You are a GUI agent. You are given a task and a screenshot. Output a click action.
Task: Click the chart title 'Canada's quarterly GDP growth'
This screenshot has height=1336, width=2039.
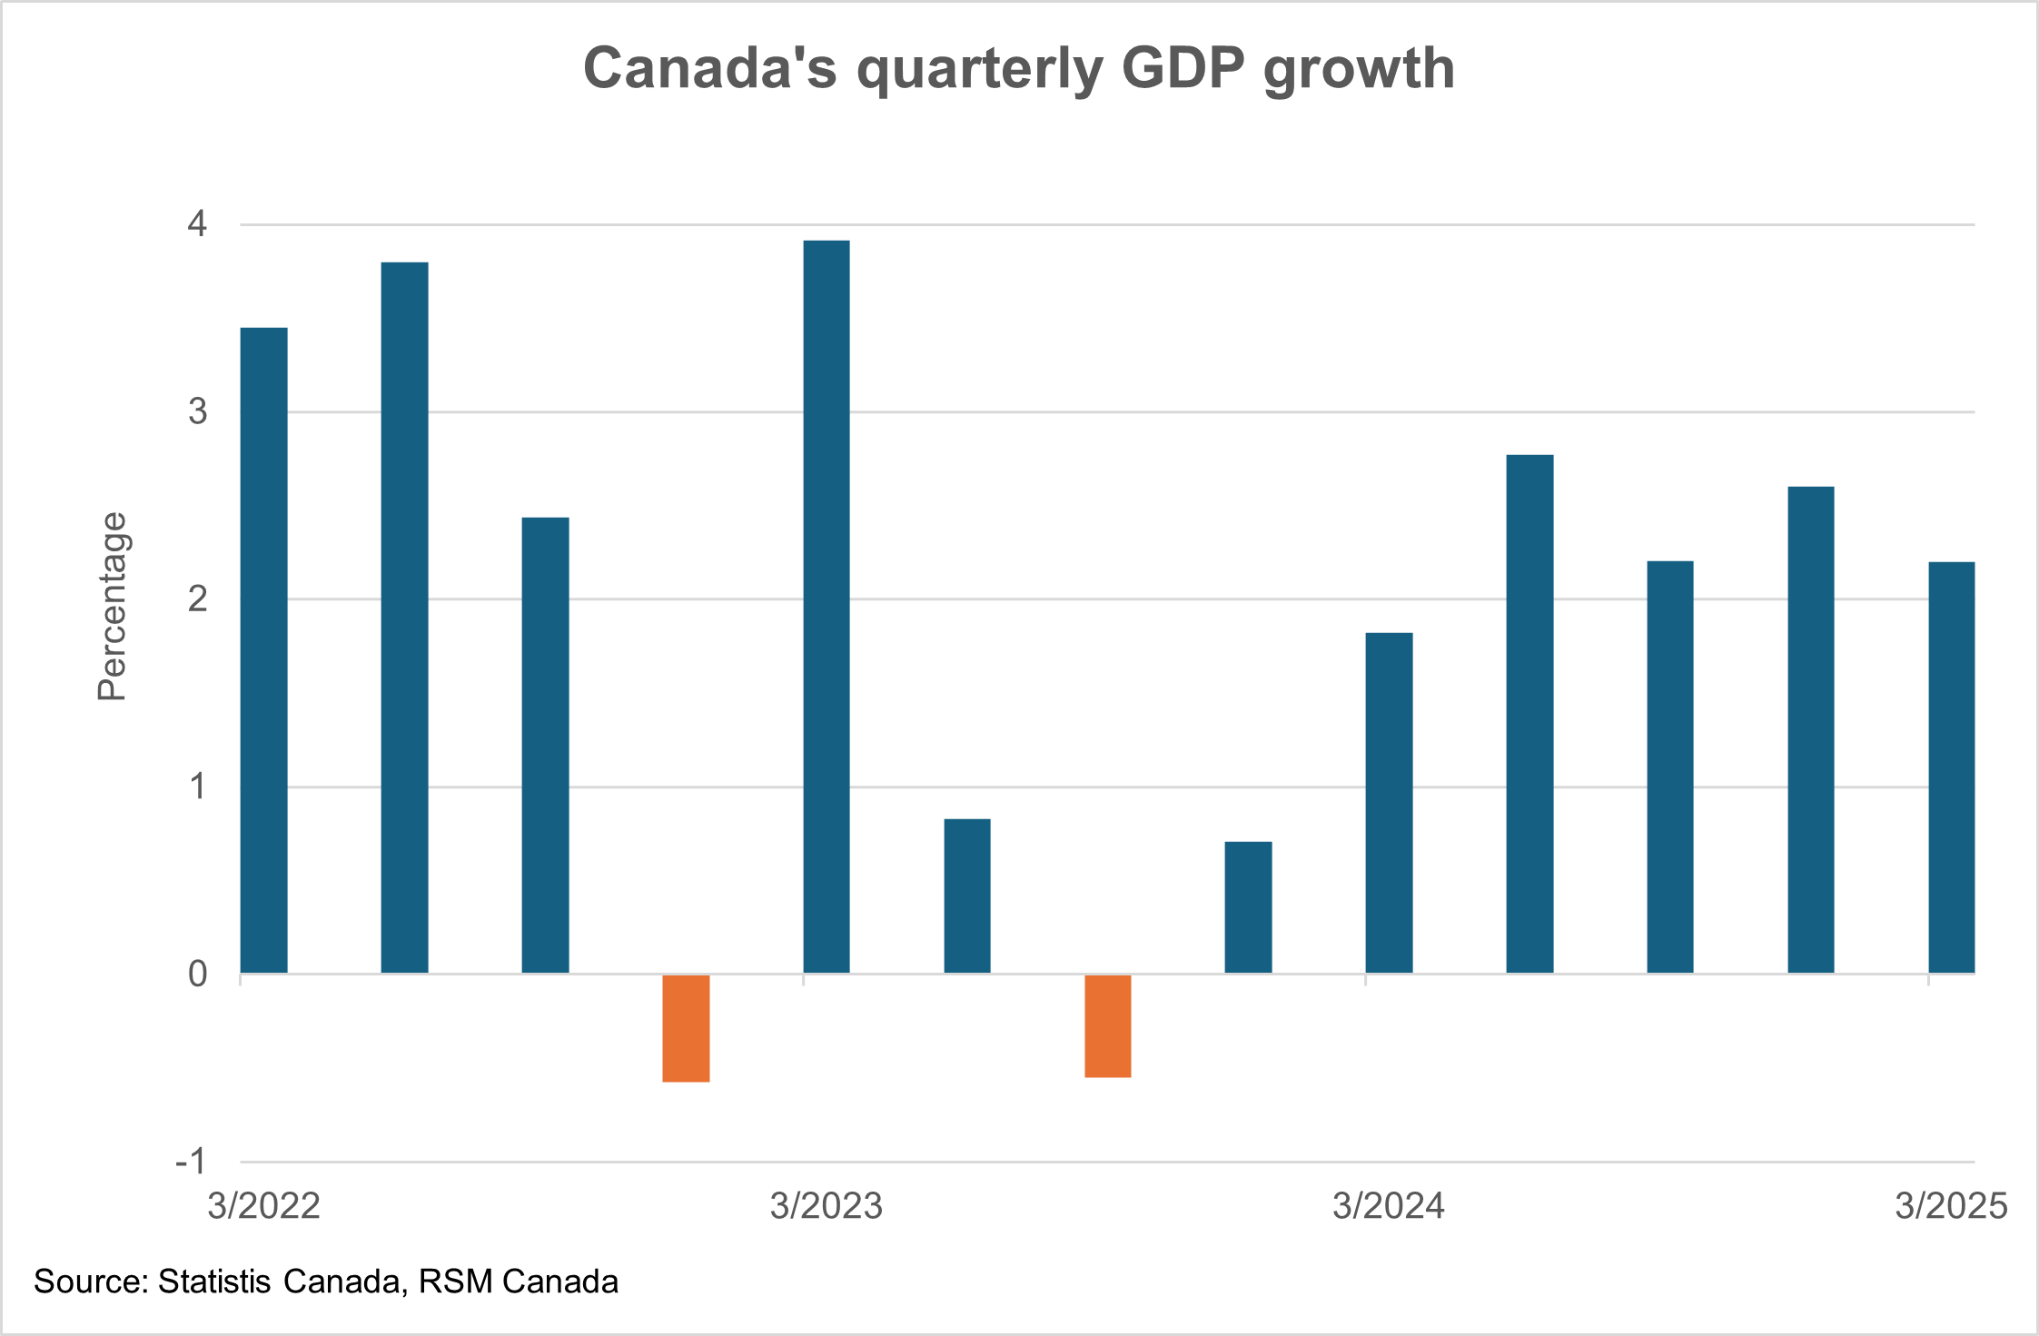point(1018,69)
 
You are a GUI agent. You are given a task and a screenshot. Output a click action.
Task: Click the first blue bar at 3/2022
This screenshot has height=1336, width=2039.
point(263,650)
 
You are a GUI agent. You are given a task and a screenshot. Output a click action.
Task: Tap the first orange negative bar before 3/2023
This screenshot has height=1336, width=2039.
point(686,1028)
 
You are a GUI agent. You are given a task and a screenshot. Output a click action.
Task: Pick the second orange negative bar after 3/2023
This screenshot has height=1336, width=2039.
point(1108,1026)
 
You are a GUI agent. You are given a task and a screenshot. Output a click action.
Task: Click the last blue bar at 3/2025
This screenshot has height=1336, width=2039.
point(1951,767)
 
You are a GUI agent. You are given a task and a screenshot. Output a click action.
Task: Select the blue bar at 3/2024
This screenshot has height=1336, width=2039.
point(1389,803)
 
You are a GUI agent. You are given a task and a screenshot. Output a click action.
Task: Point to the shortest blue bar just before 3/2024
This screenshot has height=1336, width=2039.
point(1248,907)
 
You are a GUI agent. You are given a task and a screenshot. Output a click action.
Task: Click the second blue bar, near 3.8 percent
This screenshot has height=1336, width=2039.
point(404,618)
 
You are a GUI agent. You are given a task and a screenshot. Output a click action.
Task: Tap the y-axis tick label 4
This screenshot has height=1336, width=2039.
point(198,223)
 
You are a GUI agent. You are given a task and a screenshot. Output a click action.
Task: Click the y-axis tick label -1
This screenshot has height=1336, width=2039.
point(192,1161)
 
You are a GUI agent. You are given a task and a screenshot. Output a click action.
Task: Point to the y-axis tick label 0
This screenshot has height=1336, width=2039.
point(198,974)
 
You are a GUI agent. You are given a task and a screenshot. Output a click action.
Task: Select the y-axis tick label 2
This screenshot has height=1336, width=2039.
point(198,599)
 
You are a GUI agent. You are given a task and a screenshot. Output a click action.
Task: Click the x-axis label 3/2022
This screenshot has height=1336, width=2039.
point(263,1206)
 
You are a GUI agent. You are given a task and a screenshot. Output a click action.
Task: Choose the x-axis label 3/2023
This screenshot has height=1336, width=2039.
point(826,1206)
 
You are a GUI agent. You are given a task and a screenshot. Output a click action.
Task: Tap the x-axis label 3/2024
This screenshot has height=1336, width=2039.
point(1388,1206)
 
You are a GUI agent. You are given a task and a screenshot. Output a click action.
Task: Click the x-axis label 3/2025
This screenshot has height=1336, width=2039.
point(1950,1206)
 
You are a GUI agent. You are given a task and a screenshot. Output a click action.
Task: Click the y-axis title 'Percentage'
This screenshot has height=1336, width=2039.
point(113,607)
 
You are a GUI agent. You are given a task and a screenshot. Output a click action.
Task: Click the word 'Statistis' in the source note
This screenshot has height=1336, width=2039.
point(214,1282)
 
